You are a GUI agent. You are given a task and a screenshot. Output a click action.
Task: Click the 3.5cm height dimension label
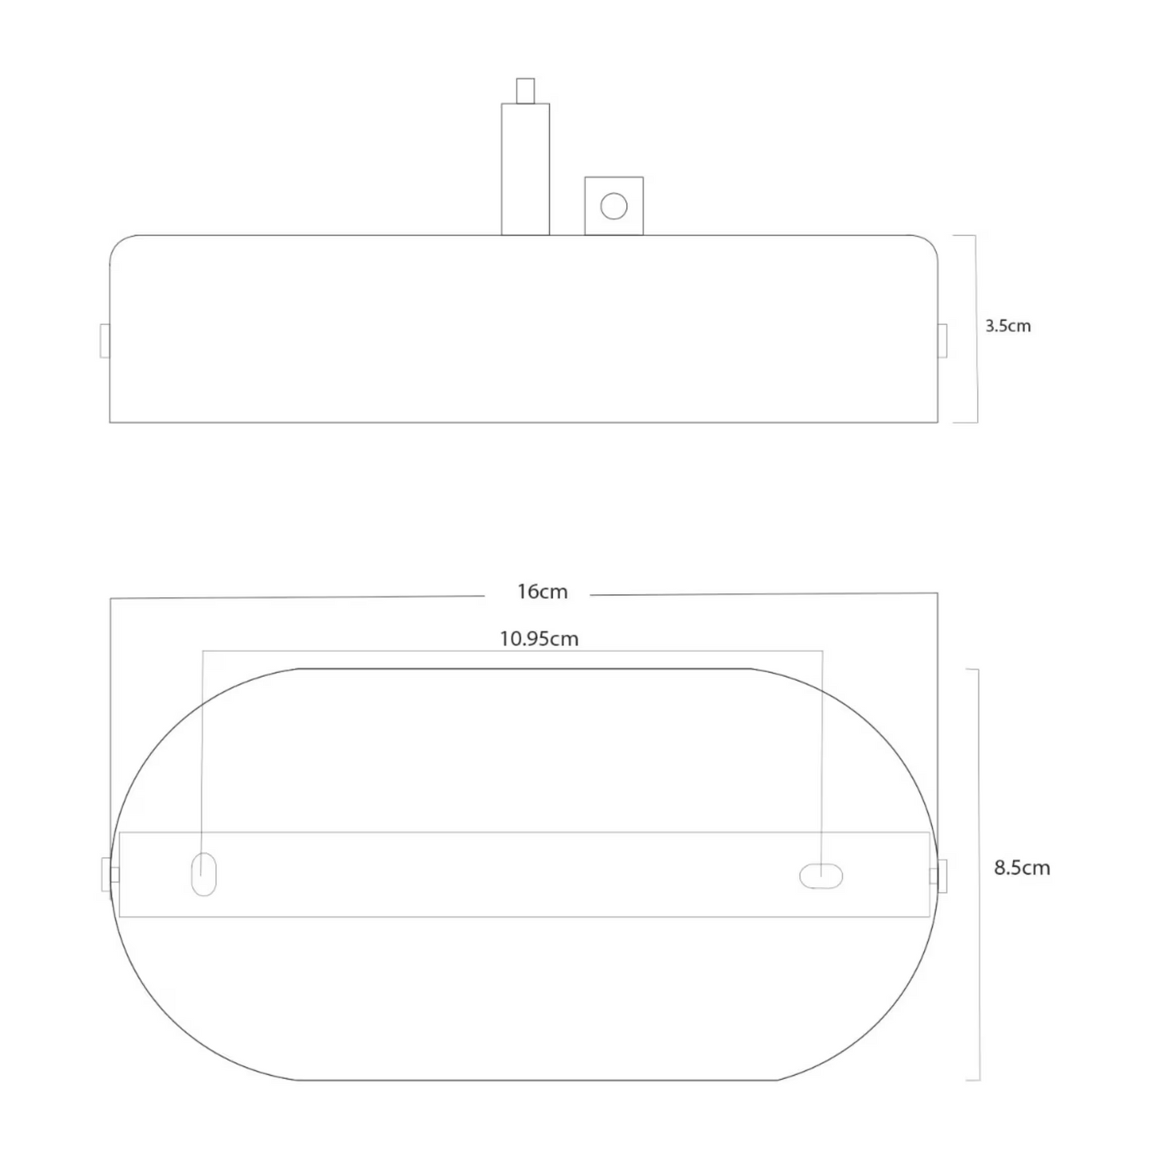tap(1007, 326)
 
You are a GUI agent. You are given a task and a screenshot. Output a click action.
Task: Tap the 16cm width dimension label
tap(542, 592)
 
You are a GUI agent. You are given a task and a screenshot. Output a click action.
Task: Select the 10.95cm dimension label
tap(539, 639)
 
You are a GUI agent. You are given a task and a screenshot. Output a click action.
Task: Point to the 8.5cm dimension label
tap(1021, 868)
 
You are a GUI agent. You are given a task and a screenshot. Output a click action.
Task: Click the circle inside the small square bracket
tap(613, 206)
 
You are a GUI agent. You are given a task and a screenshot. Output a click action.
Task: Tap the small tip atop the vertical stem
tap(525, 90)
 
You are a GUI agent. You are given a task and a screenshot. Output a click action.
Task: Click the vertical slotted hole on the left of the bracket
tap(204, 873)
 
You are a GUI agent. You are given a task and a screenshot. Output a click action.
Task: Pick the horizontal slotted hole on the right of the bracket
tap(820, 876)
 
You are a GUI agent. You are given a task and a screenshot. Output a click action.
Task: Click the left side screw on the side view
tap(104, 340)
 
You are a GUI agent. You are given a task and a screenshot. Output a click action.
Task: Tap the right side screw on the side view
tap(942, 340)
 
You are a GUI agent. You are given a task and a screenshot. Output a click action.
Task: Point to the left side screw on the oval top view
tap(108, 875)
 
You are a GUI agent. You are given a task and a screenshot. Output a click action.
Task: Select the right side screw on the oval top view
tap(940, 875)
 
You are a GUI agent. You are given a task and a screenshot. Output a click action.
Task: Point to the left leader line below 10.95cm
tap(202, 747)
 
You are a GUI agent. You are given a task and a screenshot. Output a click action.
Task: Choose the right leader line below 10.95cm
tap(822, 747)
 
